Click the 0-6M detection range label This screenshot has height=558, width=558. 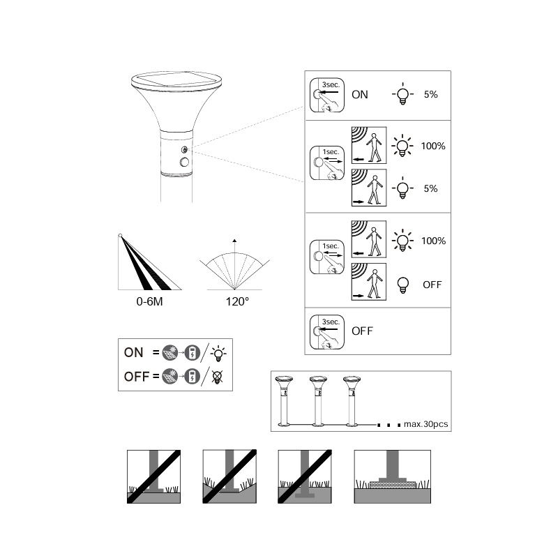click(x=149, y=301)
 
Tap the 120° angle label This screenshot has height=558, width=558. click(x=237, y=301)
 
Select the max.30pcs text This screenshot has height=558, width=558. click(x=425, y=424)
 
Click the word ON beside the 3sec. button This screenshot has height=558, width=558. click(x=360, y=95)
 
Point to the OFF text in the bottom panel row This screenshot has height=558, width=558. click(x=362, y=331)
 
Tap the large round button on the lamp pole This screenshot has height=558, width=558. click(x=184, y=163)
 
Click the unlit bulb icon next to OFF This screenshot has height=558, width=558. click(x=403, y=285)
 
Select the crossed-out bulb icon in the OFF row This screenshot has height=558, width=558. click(x=217, y=377)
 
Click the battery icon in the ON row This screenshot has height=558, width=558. click(x=193, y=353)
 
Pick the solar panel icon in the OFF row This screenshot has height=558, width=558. click(x=169, y=377)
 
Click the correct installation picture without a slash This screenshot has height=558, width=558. click(x=393, y=476)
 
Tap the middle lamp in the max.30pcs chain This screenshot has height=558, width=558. click(x=318, y=400)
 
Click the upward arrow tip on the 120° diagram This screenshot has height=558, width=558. click(x=234, y=239)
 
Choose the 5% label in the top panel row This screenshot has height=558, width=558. click(x=430, y=94)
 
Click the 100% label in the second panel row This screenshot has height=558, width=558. click(x=433, y=146)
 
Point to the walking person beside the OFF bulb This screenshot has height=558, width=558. click(x=374, y=284)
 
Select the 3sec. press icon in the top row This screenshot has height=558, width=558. click(x=327, y=95)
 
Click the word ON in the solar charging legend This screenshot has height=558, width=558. click(x=133, y=352)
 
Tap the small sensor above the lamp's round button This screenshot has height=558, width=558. click(x=184, y=149)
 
